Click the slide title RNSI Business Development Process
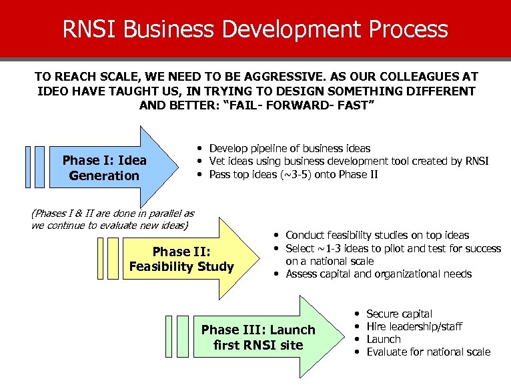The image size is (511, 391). (x=255, y=29)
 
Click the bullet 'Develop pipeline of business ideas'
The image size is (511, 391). (x=290, y=148)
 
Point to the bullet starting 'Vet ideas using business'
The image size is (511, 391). (x=349, y=161)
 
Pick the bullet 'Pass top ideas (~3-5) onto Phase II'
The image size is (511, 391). (x=294, y=174)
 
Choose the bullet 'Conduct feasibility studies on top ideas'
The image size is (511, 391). (x=377, y=235)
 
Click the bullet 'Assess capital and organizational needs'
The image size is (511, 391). (x=378, y=274)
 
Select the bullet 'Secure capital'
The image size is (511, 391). (x=399, y=314)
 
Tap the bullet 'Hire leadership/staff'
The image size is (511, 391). (x=414, y=326)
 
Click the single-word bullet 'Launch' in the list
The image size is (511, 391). (x=384, y=339)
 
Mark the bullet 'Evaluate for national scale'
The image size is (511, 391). (x=428, y=352)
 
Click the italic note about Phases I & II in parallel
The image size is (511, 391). (x=113, y=220)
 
